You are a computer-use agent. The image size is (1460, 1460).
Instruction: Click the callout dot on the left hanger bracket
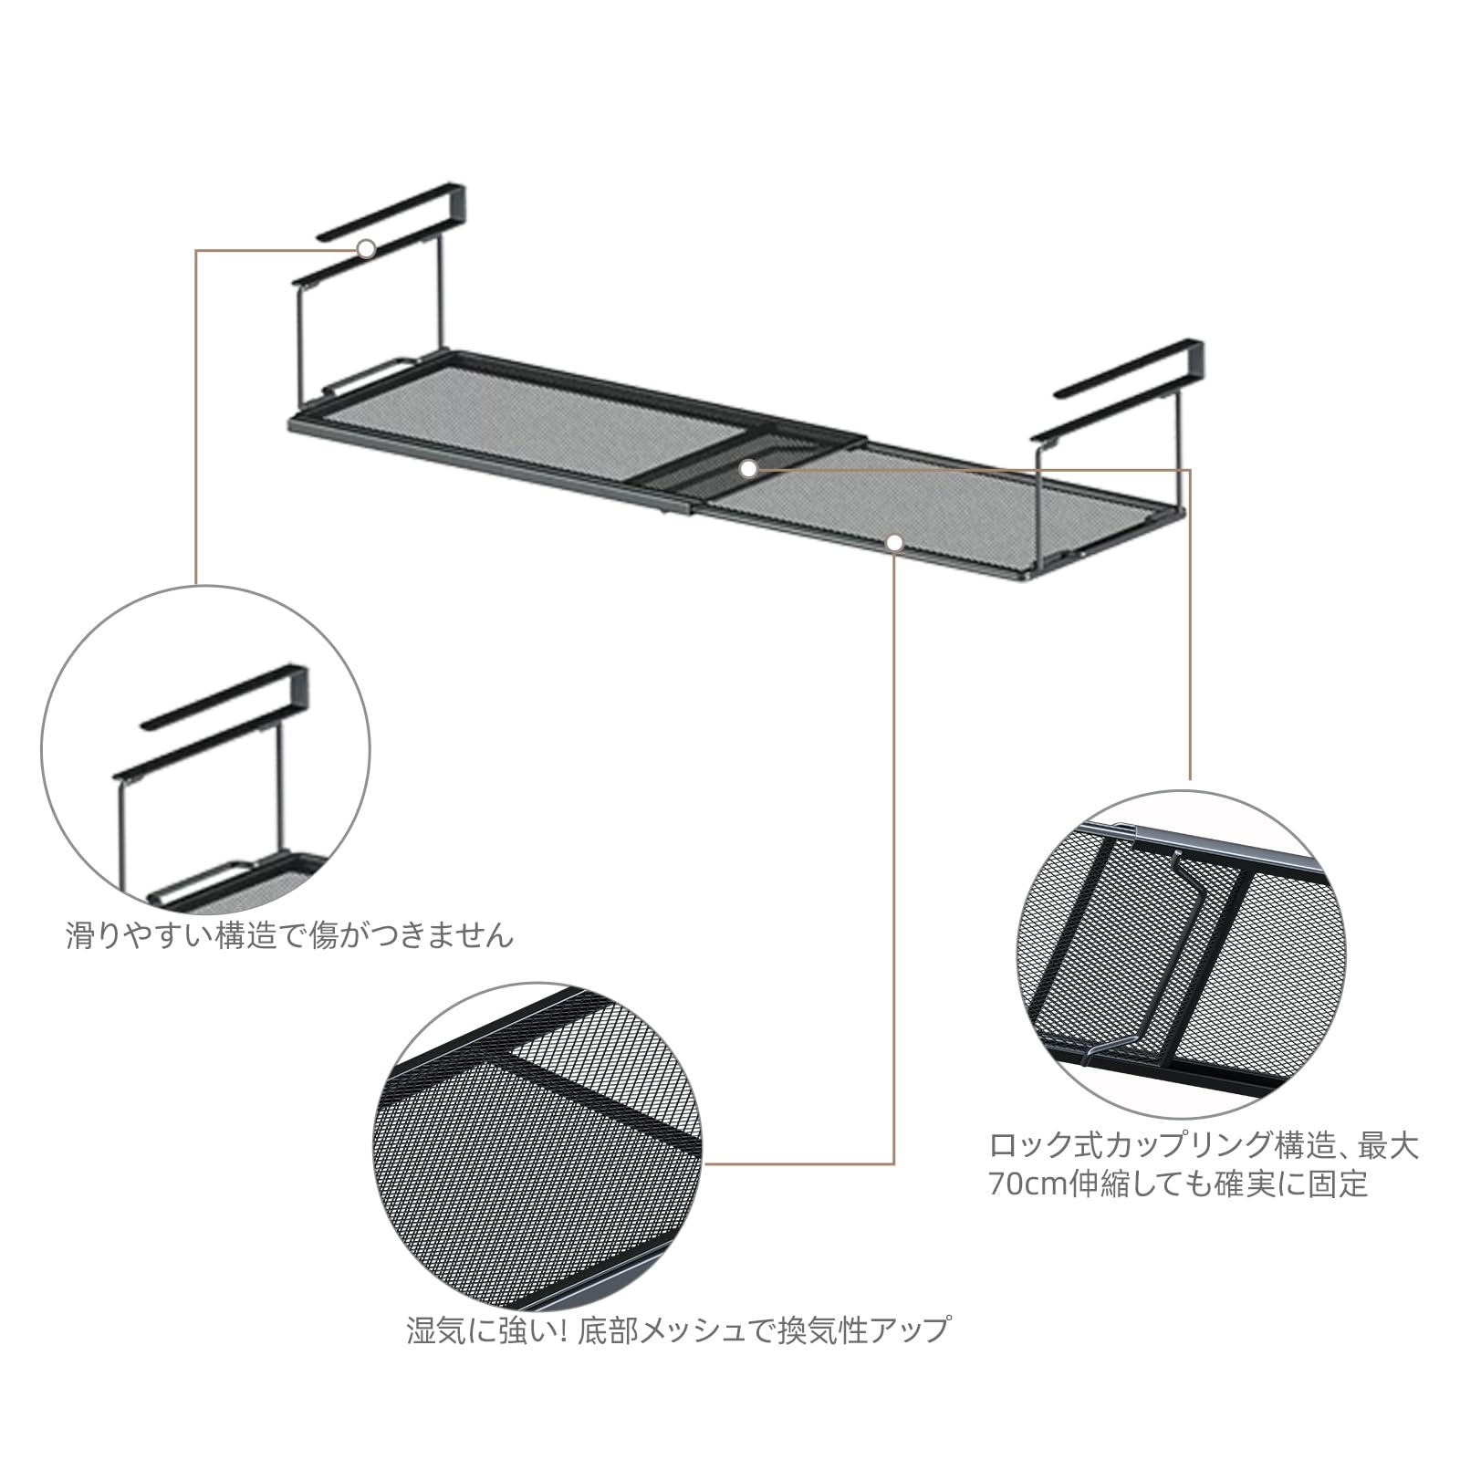click(366, 248)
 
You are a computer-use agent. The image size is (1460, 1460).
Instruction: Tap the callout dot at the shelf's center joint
click(748, 468)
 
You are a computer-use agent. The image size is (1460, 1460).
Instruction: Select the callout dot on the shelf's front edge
click(894, 543)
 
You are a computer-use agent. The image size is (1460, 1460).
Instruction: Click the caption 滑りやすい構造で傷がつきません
click(290, 935)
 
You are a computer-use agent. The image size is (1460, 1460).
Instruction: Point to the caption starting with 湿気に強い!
click(678, 1330)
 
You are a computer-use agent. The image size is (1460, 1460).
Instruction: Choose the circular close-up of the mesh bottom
click(538, 1146)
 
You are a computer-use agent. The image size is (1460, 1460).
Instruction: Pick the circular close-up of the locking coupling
click(1181, 954)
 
